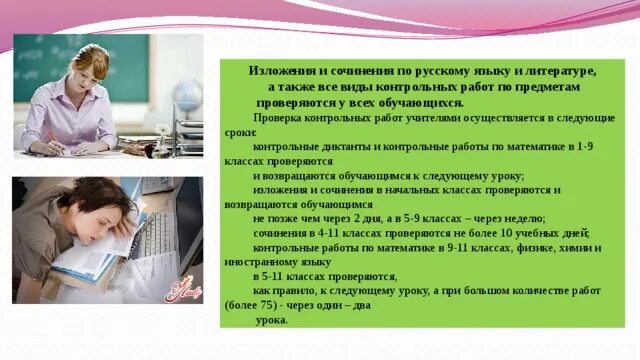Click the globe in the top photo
click(x=187, y=98)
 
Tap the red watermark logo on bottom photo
click(x=183, y=290)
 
